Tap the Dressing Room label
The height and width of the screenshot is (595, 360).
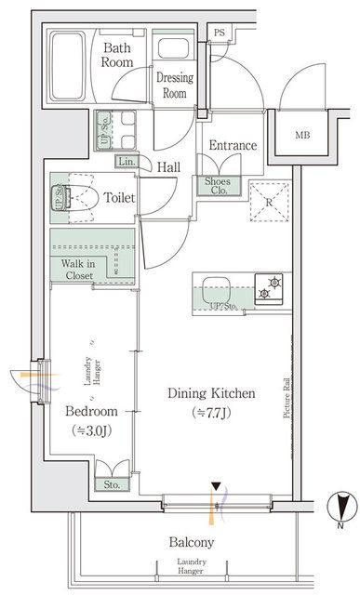click(x=174, y=86)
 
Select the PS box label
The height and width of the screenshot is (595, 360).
click(x=219, y=33)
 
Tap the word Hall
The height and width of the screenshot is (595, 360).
click(x=167, y=166)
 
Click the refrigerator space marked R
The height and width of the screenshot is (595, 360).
click(x=269, y=201)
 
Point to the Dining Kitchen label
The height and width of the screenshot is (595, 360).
click(x=210, y=393)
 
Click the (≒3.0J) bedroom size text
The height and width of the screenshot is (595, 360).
click(x=90, y=430)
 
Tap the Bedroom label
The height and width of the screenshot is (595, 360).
click(x=90, y=411)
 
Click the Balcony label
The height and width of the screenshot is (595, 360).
click(x=192, y=542)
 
